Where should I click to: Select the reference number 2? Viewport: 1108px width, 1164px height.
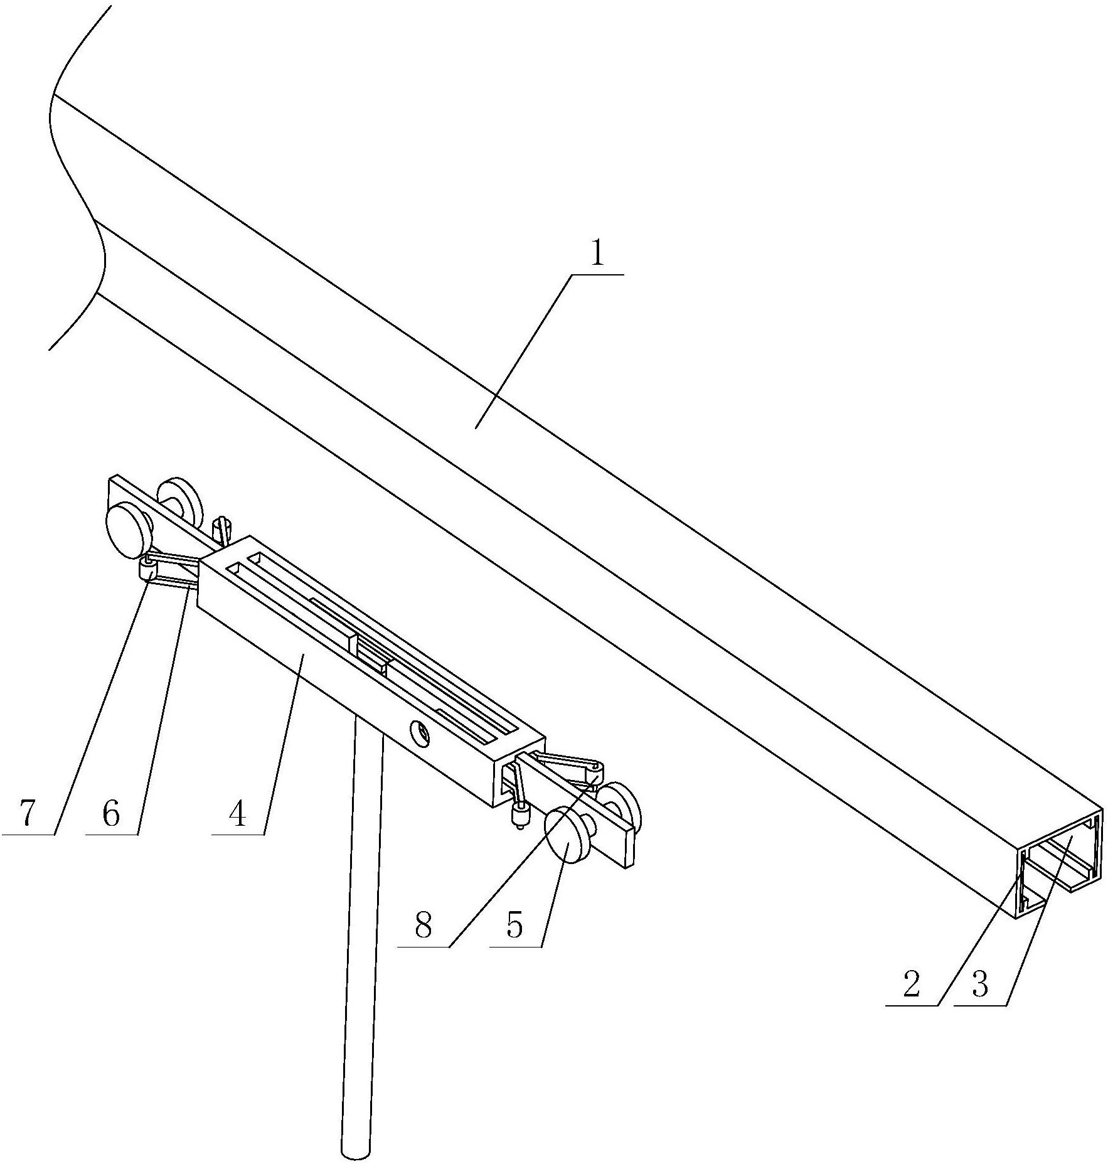tap(911, 984)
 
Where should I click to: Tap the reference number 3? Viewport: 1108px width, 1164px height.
tap(979, 984)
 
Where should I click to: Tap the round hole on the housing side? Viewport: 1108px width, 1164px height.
tap(420, 733)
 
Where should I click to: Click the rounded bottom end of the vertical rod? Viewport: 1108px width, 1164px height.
tap(356, 1153)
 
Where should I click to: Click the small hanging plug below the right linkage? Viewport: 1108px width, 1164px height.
tap(520, 816)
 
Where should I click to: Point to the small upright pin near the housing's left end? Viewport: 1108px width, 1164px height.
tap(222, 530)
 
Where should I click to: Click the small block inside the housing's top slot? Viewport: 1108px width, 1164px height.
tap(370, 654)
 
